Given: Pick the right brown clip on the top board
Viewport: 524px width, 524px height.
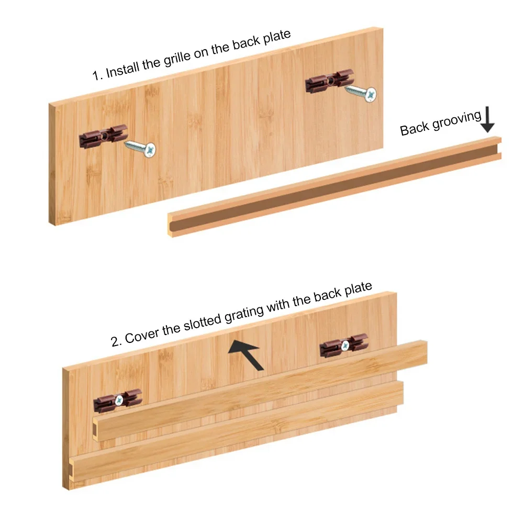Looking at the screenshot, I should (327, 82).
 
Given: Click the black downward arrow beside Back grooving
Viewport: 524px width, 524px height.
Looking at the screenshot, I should (488, 120).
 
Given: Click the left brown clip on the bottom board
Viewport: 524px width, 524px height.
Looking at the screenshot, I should (118, 400).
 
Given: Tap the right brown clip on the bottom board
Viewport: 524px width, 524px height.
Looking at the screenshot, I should (343, 345).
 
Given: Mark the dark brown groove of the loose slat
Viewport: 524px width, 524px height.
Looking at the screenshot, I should (335, 188).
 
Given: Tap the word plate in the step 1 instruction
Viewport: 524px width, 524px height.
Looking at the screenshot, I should (277, 38).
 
